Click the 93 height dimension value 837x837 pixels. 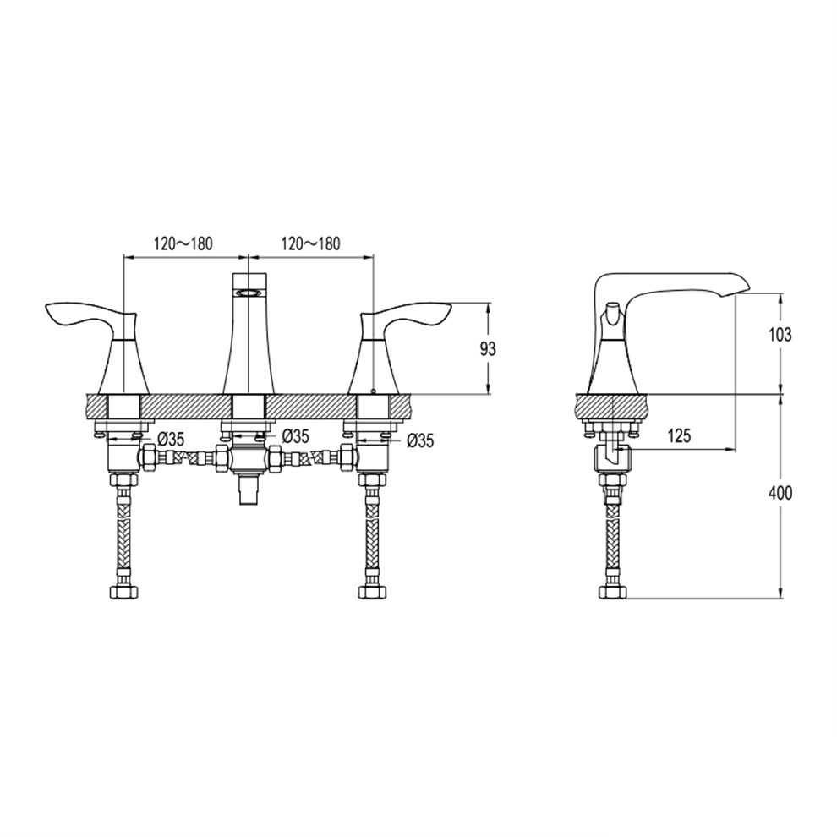coord(488,348)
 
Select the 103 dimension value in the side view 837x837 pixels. coord(780,336)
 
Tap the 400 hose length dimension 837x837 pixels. coord(780,493)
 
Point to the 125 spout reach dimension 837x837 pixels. coord(679,435)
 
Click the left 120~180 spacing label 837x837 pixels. coord(183,243)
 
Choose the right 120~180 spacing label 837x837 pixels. coord(310,243)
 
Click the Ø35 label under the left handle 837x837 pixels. coord(170,440)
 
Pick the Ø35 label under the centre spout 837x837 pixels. coord(295,436)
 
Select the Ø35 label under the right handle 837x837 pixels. coord(420,440)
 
